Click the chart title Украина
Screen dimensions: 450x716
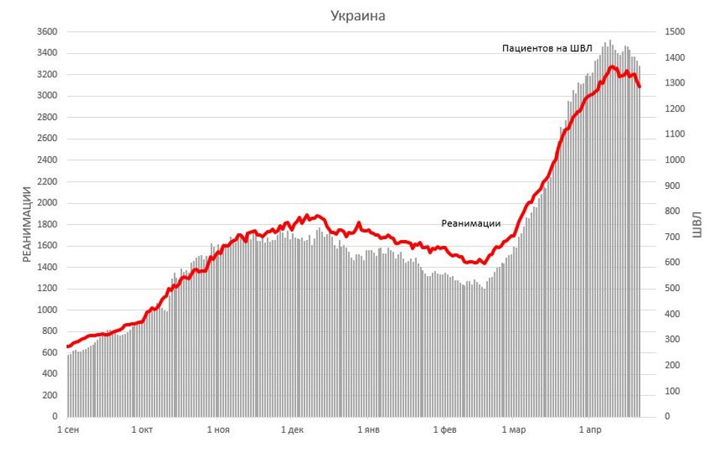(x=358, y=16)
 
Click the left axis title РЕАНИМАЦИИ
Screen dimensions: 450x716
(x=27, y=224)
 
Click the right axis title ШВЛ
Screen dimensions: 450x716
(x=697, y=223)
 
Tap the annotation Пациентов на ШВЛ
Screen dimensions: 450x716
(x=547, y=49)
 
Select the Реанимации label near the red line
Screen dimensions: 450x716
(x=470, y=223)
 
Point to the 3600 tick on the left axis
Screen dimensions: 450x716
(x=47, y=31)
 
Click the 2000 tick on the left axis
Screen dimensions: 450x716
(x=47, y=202)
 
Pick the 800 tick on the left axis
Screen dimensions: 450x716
(x=49, y=331)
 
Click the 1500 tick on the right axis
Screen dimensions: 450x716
(x=674, y=31)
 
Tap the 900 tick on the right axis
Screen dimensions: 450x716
(x=672, y=185)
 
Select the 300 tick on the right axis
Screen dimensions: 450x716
(x=672, y=340)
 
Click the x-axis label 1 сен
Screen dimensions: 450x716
(x=70, y=430)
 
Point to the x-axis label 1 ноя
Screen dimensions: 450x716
(x=217, y=430)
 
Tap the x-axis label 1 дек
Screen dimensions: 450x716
(x=292, y=430)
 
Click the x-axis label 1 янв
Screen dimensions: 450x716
(x=368, y=430)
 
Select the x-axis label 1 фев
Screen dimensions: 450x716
(x=444, y=430)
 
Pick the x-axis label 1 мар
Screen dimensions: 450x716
(x=514, y=430)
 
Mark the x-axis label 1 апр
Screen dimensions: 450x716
(x=589, y=430)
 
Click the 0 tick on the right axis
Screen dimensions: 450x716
(x=667, y=416)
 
